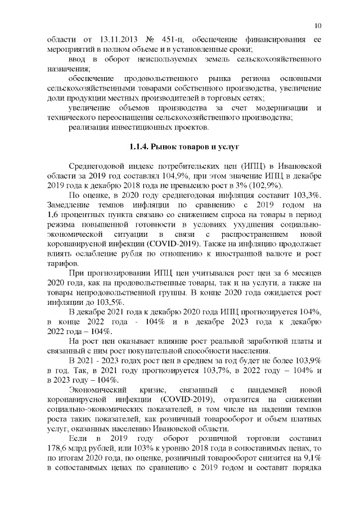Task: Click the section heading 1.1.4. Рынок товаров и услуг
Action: pyautogui.click(x=180, y=147)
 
